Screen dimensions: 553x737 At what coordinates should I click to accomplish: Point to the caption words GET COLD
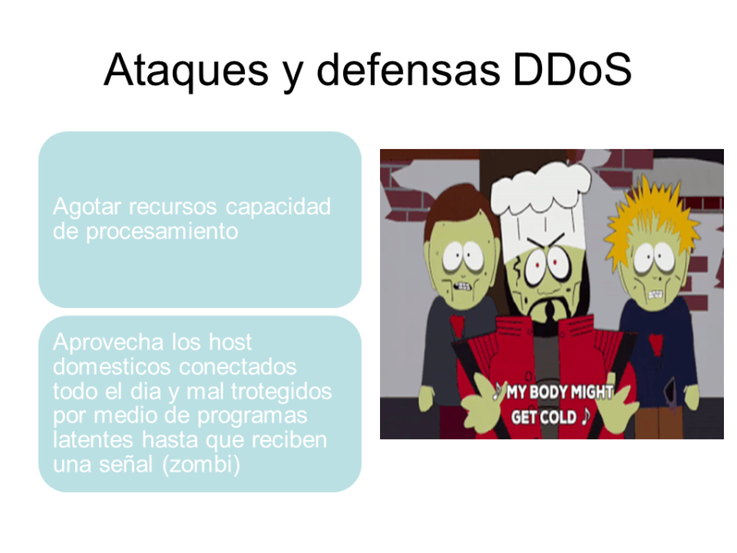coord(544,417)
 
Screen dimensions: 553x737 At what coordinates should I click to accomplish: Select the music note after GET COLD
coord(585,417)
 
